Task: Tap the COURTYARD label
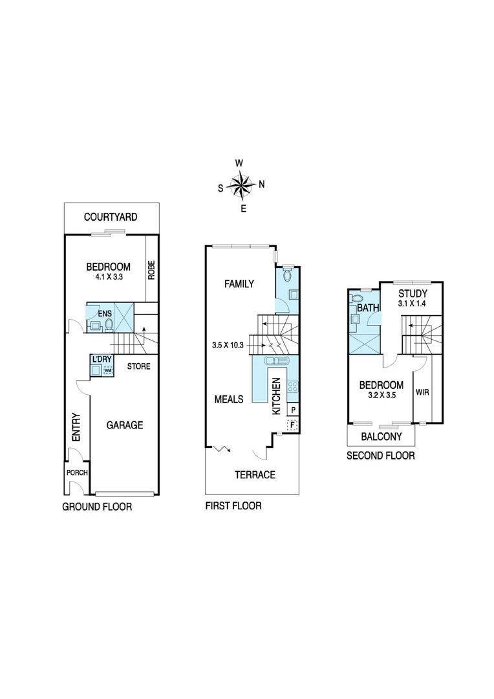click(111, 217)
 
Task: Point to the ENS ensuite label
click(104, 314)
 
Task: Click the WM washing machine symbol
click(108, 371)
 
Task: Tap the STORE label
click(138, 366)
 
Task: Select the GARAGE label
click(125, 425)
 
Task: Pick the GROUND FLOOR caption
click(97, 507)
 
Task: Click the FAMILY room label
click(239, 283)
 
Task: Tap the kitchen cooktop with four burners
click(292, 387)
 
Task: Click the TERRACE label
click(255, 474)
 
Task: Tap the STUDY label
click(412, 293)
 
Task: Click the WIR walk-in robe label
click(422, 392)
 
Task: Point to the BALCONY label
click(381, 437)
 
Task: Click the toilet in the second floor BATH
click(355, 300)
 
